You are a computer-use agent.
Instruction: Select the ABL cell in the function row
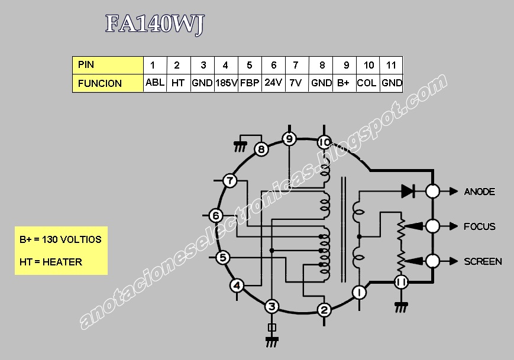tap(155, 83)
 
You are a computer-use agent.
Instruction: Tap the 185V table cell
tap(226, 83)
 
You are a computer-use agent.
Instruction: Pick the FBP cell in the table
tap(250, 83)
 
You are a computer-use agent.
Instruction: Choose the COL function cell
tap(367, 83)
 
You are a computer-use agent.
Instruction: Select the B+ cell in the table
tap(344, 83)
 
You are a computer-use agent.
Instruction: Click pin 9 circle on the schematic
tap(289, 140)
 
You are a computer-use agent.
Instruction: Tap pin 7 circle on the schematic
tap(229, 181)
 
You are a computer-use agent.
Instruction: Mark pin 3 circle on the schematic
tap(271, 306)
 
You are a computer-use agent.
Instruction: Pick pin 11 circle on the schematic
tap(401, 283)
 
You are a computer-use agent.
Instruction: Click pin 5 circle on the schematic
tap(222, 257)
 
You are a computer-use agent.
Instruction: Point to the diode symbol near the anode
tap(408, 191)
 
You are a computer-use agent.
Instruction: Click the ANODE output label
tap(479, 192)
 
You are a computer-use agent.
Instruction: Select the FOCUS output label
tap(479, 226)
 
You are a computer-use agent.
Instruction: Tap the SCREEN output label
tap(483, 261)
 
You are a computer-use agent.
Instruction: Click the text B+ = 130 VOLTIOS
tap(60, 239)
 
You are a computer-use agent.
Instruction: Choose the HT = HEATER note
tap(51, 262)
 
